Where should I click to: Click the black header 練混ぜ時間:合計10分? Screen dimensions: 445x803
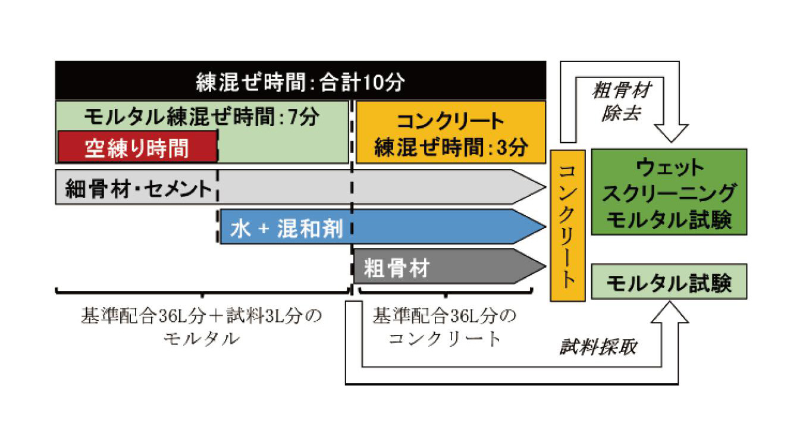point(300,81)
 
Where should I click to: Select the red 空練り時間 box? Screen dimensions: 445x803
point(137,147)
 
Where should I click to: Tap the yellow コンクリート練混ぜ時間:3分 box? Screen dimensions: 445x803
point(450,132)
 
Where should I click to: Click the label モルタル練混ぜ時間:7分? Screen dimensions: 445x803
point(202,116)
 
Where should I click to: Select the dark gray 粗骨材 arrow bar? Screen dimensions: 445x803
point(440,267)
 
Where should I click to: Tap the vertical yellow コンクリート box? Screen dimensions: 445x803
point(567,225)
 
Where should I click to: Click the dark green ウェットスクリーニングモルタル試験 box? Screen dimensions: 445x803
point(669,192)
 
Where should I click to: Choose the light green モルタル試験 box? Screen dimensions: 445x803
point(669,282)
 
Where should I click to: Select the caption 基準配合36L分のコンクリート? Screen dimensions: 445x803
point(445,327)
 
